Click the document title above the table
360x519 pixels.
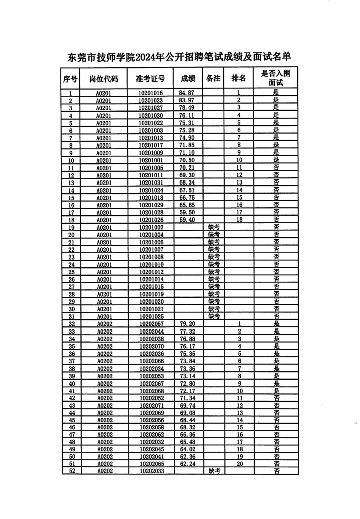pos(179,57)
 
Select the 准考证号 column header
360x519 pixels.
pos(150,78)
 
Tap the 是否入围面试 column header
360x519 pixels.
pos(275,78)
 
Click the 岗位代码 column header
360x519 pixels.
pos(104,78)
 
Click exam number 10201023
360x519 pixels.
pos(151,100)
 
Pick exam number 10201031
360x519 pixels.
pos(151,182)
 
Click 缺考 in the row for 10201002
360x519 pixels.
pos(214,227)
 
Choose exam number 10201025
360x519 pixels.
pos(151,317)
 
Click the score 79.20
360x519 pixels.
pos(187,324)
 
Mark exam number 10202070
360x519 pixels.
pos(151,346)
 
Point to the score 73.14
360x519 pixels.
pos(187,376)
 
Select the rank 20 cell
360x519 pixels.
pos(240,464)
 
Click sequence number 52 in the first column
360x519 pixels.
pos(72,471)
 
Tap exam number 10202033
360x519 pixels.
pos(151,471)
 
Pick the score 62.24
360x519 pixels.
pos(187,464)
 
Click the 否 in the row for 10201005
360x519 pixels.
pos(276,168)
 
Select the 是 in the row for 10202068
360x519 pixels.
pos(276,391)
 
